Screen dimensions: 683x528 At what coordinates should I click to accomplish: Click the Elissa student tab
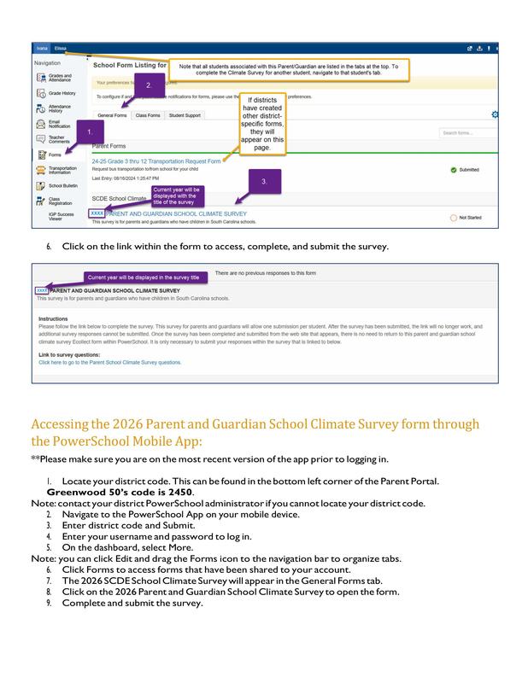coord(60,49)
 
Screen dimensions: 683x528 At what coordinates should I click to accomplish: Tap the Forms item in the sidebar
coord(55,155)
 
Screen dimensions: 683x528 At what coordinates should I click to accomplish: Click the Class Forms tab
coord(148,114)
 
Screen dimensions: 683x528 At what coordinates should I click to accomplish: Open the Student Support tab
coord(185,114)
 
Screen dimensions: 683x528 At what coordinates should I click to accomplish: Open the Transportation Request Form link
coord(156,161)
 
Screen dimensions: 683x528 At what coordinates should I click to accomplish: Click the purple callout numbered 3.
coord(264,181)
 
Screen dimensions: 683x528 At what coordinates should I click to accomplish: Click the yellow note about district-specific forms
coord(262,126)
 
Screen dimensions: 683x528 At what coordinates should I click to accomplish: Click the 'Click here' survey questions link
coord(109,362)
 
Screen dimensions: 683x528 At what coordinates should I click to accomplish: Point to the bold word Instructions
coord(53,318)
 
